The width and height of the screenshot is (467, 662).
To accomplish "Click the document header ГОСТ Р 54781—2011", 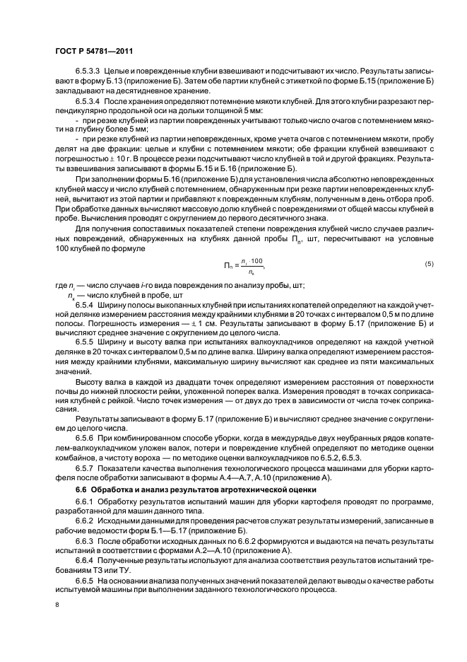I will point(93,51).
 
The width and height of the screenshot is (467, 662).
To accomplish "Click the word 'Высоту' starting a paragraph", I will point(89,381).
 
